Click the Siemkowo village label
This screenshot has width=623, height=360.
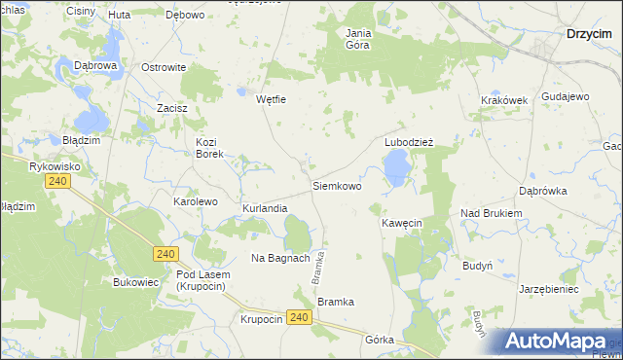click(x=337, y=185)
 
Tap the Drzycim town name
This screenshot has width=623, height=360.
click(x=589, y=34)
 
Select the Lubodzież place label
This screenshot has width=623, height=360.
click(x=408, y=141)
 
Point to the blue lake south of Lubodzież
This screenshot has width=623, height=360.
click(x=396, y=171)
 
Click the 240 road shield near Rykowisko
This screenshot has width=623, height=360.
click(x=59, y=182)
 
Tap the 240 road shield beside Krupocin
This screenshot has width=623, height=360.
click(x=299, y=318)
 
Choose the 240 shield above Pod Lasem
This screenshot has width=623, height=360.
click(x=165, y=254)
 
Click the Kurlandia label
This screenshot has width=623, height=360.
click(x=265, y=208)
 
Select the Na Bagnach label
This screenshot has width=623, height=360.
click(x=280, y=258)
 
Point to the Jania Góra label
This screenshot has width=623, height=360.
click(x=359, y=38)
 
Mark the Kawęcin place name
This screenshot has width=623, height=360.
click(x=401, y=223)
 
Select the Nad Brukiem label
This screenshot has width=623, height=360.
click(x=492, y=213)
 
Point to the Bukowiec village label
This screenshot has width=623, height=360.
click(x=135, y=282)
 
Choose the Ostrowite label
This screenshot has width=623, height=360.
click(x=164, y=67)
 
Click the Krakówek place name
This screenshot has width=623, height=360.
click(x=503, y=100)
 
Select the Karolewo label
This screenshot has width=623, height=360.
click(x=195, y=201)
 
